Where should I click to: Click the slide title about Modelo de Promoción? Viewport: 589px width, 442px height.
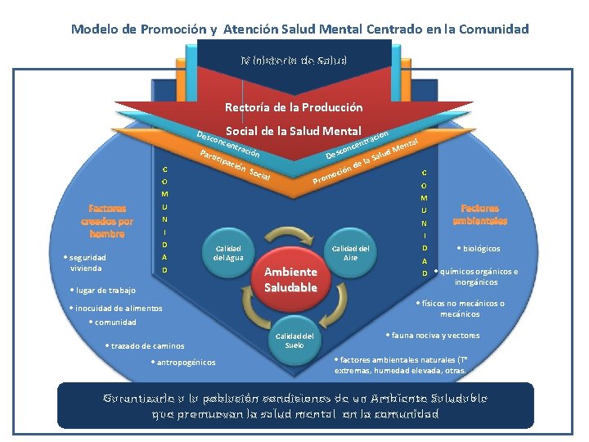pos(299,29)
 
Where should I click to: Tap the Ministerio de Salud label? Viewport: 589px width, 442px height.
pos(294,61)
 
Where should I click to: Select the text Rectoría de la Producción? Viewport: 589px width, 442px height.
pos(294,107)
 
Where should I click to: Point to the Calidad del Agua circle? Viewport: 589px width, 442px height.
pos(228,253)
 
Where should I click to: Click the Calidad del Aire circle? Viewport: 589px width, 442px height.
pos(350,253)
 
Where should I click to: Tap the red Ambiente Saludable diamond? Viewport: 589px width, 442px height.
pos(290,279)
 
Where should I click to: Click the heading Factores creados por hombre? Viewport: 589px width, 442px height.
pos(107,221)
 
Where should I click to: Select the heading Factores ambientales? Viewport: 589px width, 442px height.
pos(479,214)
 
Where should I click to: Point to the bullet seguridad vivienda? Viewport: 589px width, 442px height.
pos(85,263)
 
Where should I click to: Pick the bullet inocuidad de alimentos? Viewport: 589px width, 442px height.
pos(117,309)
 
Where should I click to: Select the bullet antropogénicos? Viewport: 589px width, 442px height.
pos(183,363)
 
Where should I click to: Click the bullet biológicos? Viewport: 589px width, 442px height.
pos(479,249)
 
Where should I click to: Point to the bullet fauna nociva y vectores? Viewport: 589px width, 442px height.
pos(434,335)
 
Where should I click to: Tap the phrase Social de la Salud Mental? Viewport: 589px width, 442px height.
pos(294,131)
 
